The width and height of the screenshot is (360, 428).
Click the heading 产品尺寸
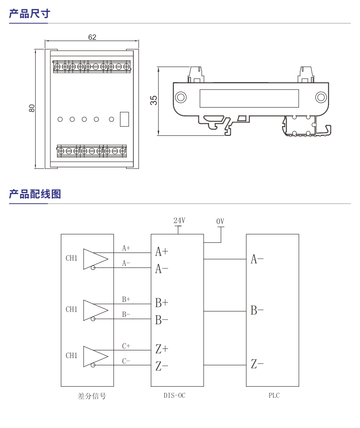click(29, 14)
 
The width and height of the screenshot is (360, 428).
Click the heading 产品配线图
click(35, 194)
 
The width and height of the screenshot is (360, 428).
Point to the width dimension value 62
click(92, 37)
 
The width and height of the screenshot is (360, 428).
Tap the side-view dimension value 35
click(154, 101)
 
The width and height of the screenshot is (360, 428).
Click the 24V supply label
click(179, 221)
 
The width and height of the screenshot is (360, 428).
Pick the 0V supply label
click(220, 221)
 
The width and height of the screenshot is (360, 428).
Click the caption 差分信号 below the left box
click(92, 396)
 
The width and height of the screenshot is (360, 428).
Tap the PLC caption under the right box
click(274, 396)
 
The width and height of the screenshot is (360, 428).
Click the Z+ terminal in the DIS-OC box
click(162, 349)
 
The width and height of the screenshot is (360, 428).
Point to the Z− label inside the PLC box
click(257, 365)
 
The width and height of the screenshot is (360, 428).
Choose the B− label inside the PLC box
click(257, 311)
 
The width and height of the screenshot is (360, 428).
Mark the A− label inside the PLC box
click(257, 259)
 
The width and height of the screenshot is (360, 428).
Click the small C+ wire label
click(126, 346)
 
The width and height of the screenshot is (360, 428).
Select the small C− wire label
click(126, 361)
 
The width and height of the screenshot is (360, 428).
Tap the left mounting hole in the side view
click(181, 97)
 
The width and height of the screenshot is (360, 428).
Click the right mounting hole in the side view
click(321, 97)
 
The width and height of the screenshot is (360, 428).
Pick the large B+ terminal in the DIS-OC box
click(162, 303)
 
